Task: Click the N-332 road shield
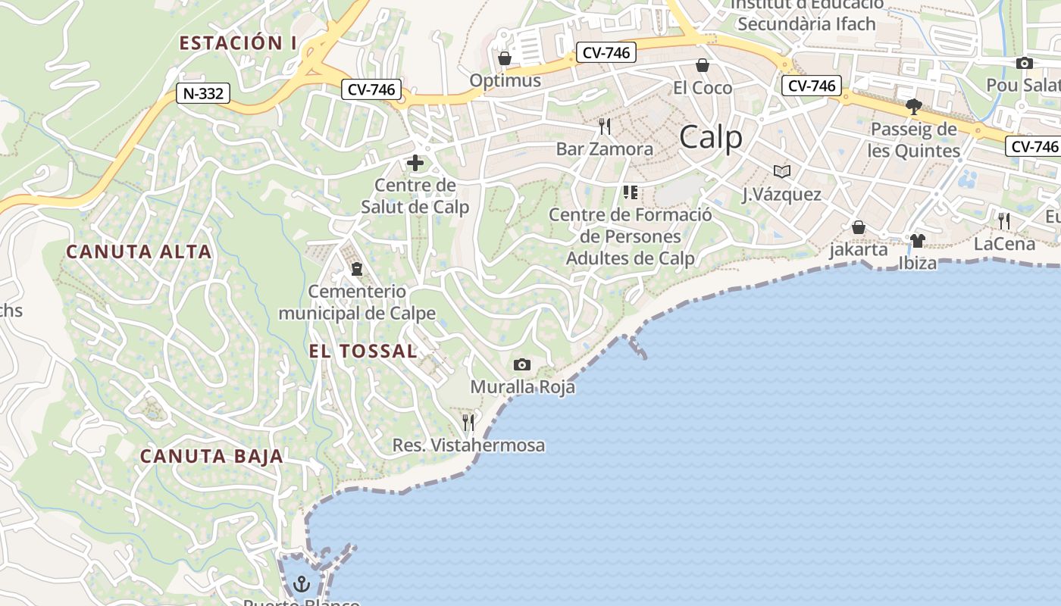(x=203, y=93)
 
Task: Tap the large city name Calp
(x=711, y=137)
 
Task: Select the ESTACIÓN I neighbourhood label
(x=238, y=42)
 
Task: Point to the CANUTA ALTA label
(x=139, y=251)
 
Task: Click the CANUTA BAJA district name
(x=211, y=456)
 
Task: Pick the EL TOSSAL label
(x=363, y=351)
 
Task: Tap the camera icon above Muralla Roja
(x=521, y=365)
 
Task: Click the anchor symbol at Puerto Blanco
(x=302, y=584)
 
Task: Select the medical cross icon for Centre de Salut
(x=415, y=163)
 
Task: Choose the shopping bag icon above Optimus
(x=505, y=58)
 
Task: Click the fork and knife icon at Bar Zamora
(x=604, y=126)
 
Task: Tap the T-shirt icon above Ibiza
(x=917, y=241)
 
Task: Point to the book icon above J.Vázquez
(x=781, y=172)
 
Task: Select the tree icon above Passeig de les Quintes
(x=914, y=106)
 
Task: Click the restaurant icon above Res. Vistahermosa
(x=468, y=422)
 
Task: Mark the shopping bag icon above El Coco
(x=703, y=65)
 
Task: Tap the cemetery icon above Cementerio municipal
(x=357, y=268)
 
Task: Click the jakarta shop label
(x=859, y=249)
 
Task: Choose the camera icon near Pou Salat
(x=1025, y=63)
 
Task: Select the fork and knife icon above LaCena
(x=1004, y=220)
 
